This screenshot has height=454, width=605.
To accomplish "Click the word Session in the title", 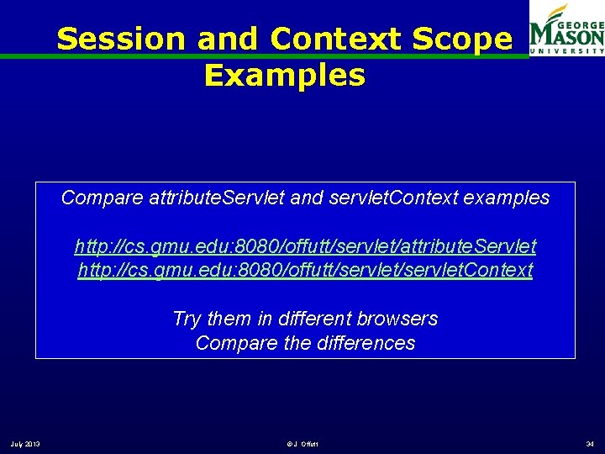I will (x=121, y=39).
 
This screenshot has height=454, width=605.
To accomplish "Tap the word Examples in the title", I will (x=285, y=76).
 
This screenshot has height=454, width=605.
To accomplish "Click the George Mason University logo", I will (x=566, y=29).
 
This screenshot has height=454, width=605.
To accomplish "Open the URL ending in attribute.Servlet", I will (x=305, y=246).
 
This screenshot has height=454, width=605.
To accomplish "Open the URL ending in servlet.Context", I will (x=305, y=271).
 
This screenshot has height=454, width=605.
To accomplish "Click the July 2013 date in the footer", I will (x=26, y=444).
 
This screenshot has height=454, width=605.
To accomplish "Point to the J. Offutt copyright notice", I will (x=302, y=444).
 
